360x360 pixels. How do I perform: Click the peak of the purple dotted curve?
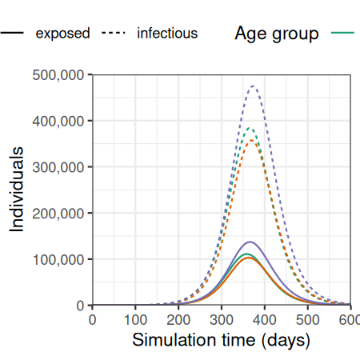(253, 86)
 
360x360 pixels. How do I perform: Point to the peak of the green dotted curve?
(250, 128)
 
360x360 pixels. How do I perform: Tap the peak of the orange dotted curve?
(251, 140)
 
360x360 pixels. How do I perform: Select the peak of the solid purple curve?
(250, 242)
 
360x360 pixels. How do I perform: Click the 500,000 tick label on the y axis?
(58, 75)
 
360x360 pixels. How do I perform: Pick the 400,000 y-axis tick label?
(58, 121)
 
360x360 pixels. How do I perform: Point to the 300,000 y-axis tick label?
(58, 167)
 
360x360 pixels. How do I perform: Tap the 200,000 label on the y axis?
(58, 214)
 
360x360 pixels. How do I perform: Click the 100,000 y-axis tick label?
(58, 259)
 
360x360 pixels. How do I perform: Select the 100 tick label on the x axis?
(135, 319)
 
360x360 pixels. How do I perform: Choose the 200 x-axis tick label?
(178, 319)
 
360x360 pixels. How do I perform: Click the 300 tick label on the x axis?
(222, 319)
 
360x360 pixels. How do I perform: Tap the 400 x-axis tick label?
(265, 319)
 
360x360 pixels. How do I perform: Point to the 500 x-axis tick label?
(308, 319)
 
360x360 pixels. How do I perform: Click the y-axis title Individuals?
(17, 190)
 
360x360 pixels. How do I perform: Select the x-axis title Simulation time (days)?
(222, 340)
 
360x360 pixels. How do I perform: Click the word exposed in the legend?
(63, 34)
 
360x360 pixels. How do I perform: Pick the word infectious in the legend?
(167, 33)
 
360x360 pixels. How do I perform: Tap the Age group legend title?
(277, 34)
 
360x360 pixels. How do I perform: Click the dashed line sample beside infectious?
(114, 33)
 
